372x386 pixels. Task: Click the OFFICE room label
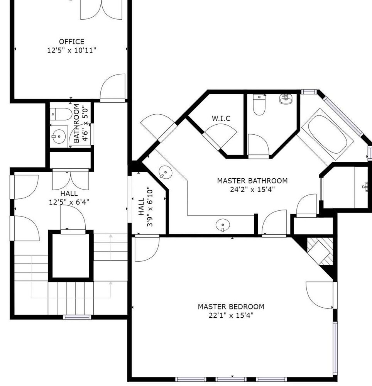72,42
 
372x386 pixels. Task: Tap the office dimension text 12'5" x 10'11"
72,51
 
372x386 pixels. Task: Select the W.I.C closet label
221,119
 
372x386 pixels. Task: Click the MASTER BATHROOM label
252,181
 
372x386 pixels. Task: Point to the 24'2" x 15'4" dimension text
252,190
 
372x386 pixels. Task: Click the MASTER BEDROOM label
231,307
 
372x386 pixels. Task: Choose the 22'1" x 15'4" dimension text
231,315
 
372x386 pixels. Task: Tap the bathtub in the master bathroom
327,134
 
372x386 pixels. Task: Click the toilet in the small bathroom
61,114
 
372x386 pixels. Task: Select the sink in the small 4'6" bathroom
59,136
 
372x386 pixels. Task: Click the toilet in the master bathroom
259,105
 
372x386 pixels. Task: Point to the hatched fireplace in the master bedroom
320,251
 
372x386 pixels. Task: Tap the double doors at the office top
101,10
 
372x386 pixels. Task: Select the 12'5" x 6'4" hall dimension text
69,202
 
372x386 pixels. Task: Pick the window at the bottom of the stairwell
77,317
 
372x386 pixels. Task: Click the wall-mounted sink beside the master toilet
286,99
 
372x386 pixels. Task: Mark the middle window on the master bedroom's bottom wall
231,379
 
